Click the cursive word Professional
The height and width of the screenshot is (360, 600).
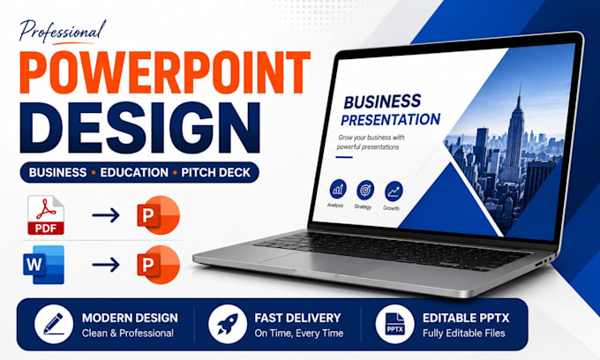pos(62,32)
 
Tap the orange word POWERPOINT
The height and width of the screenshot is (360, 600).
pos(164,72)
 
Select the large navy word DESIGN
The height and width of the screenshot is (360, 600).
pos(140,128)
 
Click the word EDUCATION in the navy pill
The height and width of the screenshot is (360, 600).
pos(134,173)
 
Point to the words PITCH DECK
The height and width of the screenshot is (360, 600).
pos(216,173)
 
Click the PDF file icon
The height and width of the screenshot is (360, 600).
pos(46,215)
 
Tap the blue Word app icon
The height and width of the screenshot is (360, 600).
pos(43,265)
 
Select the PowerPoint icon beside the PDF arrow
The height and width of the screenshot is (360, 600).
pos(159,215)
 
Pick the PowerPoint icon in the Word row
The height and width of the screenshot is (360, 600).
pos(159,265)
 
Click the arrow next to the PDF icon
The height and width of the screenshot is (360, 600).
pos(106,215)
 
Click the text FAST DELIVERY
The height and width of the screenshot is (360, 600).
pos(297,318)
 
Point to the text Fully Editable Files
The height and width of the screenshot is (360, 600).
pos(464,334)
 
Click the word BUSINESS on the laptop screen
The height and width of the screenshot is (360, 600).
pos(382,101)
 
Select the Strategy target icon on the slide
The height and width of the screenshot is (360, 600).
pos(365,190)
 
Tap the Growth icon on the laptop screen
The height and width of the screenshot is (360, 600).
pos(394,191)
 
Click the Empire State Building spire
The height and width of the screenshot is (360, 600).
pos(519,95)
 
